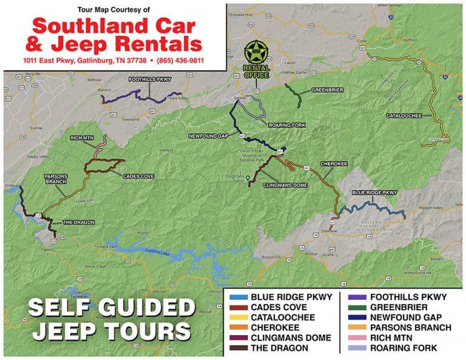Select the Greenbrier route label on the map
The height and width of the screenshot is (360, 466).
[x=327, y=90]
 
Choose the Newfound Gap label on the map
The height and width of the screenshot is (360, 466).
[x=208, y=136]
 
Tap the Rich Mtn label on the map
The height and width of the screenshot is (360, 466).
[x=80, y=138]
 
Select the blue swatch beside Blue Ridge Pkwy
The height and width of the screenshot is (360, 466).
[x=237, y=297]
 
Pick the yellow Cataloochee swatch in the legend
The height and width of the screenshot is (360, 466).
[x=237, y=318]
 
